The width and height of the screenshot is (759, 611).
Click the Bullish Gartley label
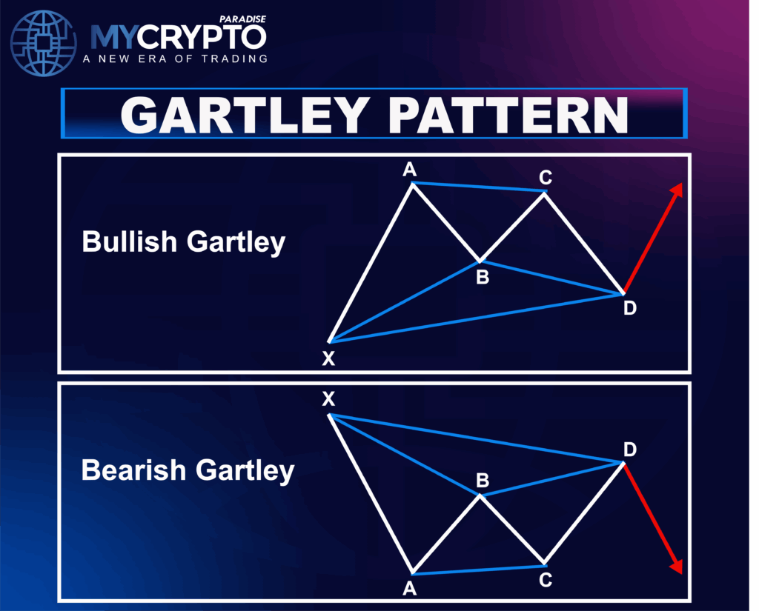(x=183, y=243)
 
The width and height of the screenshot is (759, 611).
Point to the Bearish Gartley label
(x=188, y=471)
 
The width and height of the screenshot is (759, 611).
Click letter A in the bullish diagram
(x=409, y=170)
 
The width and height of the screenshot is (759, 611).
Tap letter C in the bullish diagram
(x=546, y=178)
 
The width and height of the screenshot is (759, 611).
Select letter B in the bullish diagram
(x=483, y=278)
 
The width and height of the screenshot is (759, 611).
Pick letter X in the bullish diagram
(x=328, y=360)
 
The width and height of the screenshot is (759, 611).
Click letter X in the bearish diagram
(x=328, y=400)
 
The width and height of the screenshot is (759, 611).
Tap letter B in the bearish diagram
(x=483, y=481)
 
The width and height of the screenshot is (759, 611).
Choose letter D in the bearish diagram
(x=630, y=449)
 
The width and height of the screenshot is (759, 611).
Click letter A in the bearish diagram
(x=409, y=588)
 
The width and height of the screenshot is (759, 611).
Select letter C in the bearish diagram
(x=546, y=581)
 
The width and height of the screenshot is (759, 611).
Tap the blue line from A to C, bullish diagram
(x=479, y=187)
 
